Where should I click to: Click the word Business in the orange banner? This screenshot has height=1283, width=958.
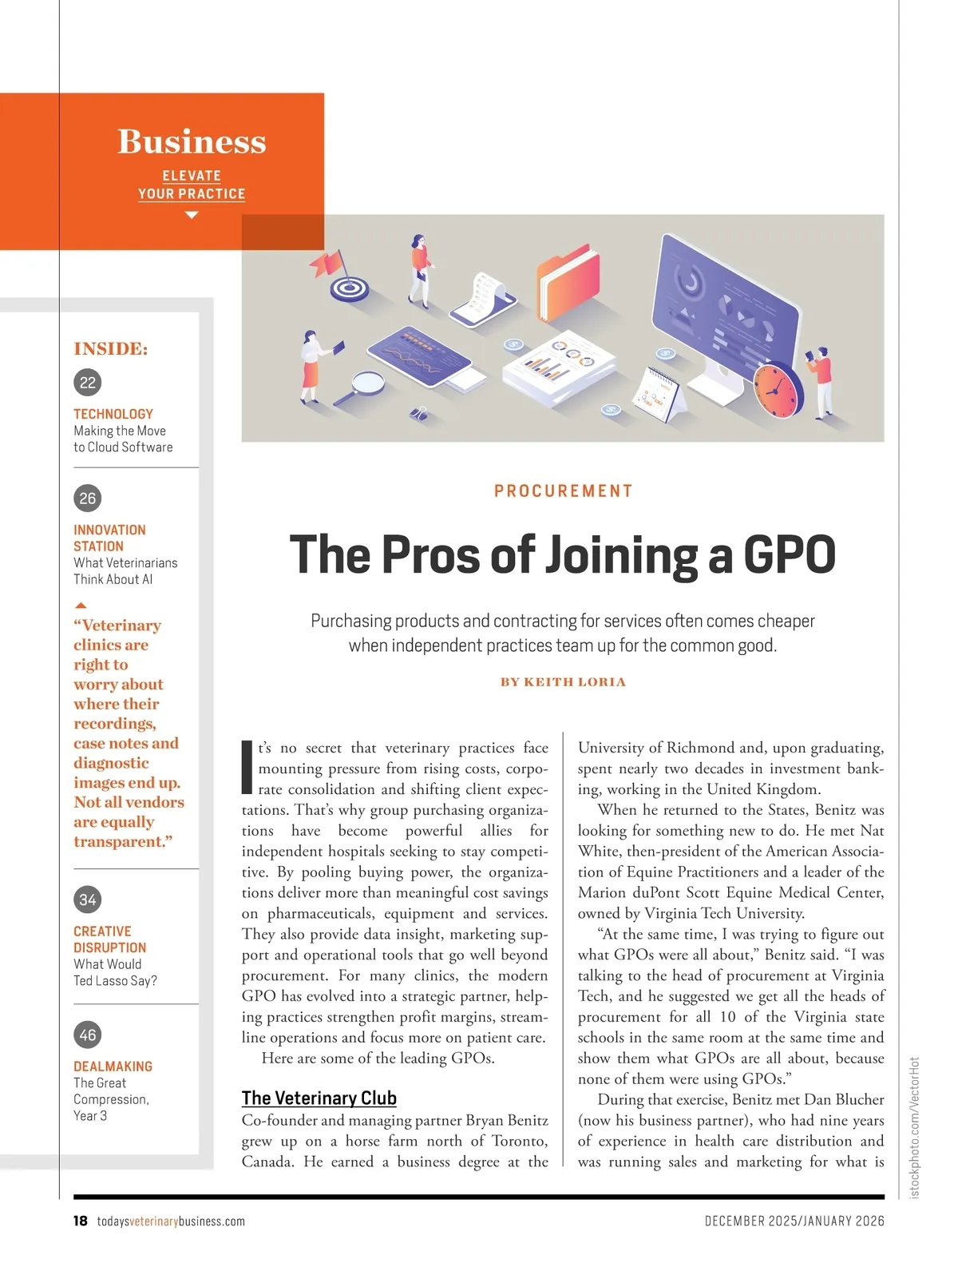pyautogui.click(x=192, y=141)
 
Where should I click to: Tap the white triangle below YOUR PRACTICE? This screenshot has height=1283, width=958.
pyautogui.click(x=192, y=215)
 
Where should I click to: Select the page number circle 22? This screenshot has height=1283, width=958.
pyautogui.click(x=88, y=382)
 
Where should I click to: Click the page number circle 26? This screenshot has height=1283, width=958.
pyautogui.click(x=88, y=498)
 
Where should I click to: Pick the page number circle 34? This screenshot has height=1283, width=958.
pyautogui.click(x=88, y=900)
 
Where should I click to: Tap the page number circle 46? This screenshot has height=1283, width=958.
pyautogui.click(x=88, y=1035)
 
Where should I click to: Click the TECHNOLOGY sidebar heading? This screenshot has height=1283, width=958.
pyautogui.click(x=113, y=414)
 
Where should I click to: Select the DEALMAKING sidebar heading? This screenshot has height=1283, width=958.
pyautogui.click(x=113, y=1067)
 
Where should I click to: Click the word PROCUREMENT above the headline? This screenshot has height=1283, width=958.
pyautogui.click(x=563, y=491)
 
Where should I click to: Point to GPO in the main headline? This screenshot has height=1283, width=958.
pyautogui.click(x=789, y=555)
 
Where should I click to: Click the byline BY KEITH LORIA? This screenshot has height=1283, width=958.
pyautogui.click(x=563, y=682)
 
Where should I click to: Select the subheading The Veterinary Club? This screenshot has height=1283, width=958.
pyautogui.click(x=319, y=1098)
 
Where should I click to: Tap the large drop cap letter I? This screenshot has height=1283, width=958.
pyautogui.click(x=247, y=767)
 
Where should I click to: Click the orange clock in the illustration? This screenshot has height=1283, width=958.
pyautogui.click(x=777, y=389)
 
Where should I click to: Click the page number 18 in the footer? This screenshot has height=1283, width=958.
pyautogui.click(x=81, y=1221)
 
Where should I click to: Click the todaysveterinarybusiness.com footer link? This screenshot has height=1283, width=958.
pyautogui.click(x=171, y=1221)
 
